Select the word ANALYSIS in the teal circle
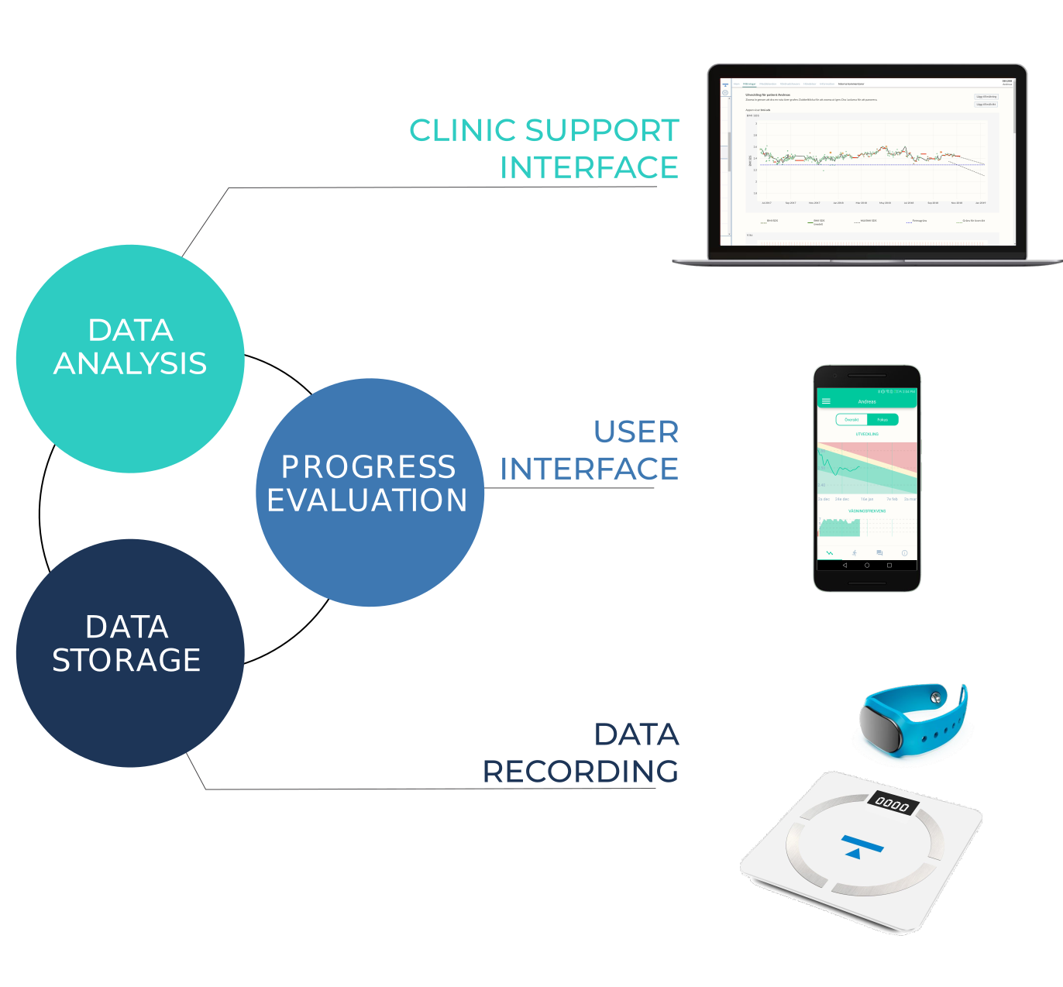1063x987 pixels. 130,363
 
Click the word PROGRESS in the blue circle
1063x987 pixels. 369,467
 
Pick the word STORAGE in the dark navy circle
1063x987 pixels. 126,660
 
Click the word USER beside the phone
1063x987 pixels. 636,432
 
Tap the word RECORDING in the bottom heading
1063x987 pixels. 580,772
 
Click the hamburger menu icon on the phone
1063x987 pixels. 826,401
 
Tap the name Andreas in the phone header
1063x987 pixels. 867,401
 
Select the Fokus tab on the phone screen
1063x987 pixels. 882,419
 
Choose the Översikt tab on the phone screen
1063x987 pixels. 851,419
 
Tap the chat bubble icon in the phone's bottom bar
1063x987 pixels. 879,552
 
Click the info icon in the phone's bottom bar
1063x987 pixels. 904,552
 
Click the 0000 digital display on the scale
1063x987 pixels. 892,804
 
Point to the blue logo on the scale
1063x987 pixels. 860,846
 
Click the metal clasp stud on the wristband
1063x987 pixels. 937,696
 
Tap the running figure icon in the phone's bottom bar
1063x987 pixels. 855,552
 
